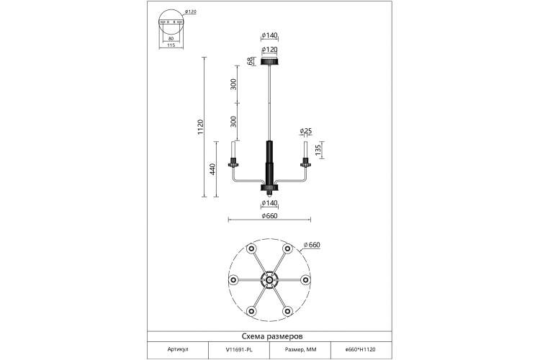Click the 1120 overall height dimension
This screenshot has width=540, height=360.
point(201,127)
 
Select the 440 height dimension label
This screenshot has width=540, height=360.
point(213,169)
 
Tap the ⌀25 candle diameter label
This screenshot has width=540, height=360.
point(306,131)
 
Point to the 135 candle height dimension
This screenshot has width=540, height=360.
point(318,150)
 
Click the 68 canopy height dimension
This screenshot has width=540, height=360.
point(250,61)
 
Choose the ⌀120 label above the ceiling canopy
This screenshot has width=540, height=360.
point(269,50)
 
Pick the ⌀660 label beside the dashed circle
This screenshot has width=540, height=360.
point(312,245)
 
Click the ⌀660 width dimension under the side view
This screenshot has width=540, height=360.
point(269,216)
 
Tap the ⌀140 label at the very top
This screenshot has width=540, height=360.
point(269,35)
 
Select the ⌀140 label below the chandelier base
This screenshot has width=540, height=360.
point(269,203)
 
